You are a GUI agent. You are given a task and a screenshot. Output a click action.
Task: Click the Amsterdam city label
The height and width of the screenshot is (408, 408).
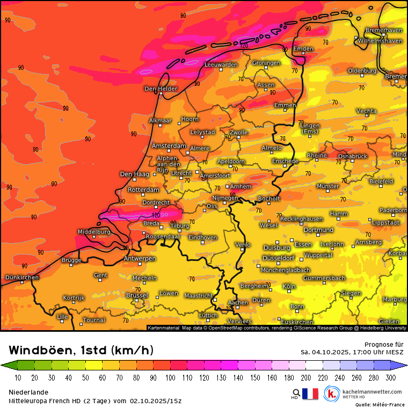coord(169,146)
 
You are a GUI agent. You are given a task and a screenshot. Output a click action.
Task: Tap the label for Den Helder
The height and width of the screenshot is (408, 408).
coord(161,89)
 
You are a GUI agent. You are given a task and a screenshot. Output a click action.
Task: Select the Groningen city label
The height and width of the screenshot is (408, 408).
coord(266,63)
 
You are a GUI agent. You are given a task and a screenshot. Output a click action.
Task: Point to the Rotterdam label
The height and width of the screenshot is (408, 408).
coord(144,190)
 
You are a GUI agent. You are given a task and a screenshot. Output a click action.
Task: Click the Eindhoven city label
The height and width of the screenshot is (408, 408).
coord(202,237)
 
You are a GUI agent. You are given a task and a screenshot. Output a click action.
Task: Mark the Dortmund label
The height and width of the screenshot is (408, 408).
coord(318,230)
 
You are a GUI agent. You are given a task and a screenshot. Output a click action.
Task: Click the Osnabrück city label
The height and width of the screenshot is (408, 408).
coord(352,156)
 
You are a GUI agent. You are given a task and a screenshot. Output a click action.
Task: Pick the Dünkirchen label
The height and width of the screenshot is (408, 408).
coord(21,278)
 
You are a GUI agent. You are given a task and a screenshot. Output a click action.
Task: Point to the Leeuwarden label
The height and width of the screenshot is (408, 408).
coord(221,65)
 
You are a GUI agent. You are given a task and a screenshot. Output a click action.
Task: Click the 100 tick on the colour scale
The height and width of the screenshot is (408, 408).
coord(170,378)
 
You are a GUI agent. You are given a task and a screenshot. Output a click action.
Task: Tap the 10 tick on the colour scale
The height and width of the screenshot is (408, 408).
coord(18,378)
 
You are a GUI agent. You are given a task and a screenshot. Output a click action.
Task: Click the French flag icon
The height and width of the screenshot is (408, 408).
coord(310,394)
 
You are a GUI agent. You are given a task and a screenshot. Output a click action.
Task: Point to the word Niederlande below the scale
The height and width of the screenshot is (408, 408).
coord(28,392)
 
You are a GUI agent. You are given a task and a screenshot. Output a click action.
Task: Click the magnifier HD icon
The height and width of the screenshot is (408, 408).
coord(296,394)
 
